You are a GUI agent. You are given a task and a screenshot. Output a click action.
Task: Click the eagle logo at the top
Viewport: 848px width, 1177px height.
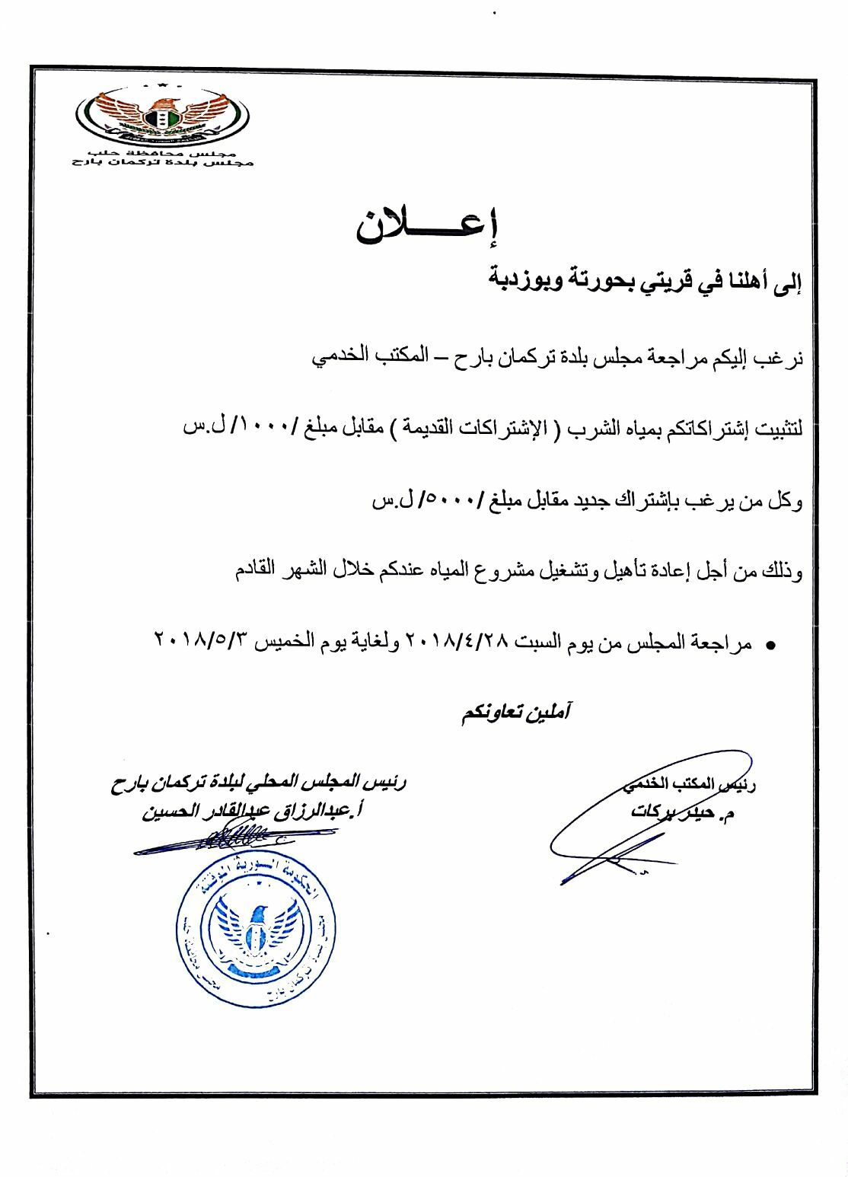162,118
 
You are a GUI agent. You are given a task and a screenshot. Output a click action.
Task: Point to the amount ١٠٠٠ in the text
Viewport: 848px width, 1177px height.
262,428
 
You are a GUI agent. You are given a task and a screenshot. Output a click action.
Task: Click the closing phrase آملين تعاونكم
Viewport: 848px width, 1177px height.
515,713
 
